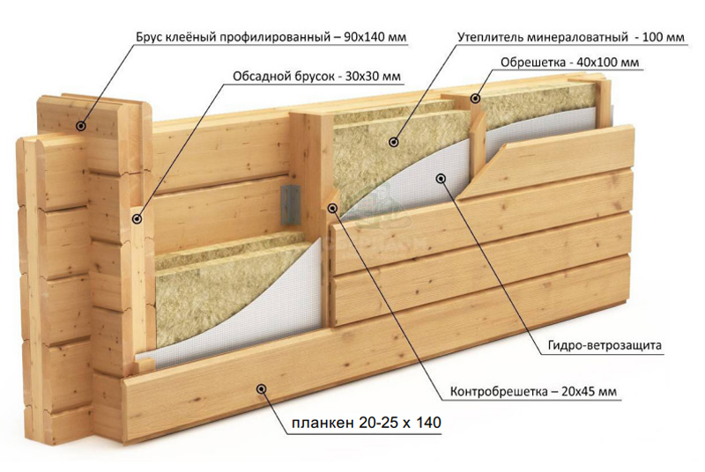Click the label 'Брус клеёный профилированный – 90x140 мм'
(271, 37)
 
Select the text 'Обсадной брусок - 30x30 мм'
(316, 77)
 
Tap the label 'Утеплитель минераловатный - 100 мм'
(571, 37)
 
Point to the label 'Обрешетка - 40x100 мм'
(569, 63)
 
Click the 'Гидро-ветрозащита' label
(605, 345)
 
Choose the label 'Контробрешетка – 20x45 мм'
(533, 392)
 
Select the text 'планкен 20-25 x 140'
(367, 423)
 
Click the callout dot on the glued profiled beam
(81, 126)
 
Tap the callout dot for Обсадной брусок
(137, 218)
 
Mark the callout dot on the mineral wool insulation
(394, 143)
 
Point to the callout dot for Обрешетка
(475, 98)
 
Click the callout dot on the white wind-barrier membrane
(442, 179)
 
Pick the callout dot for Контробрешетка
(333, 208)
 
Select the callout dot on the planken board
(261, 389)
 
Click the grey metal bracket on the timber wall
(291, 205)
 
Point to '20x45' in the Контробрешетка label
(578, 392)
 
